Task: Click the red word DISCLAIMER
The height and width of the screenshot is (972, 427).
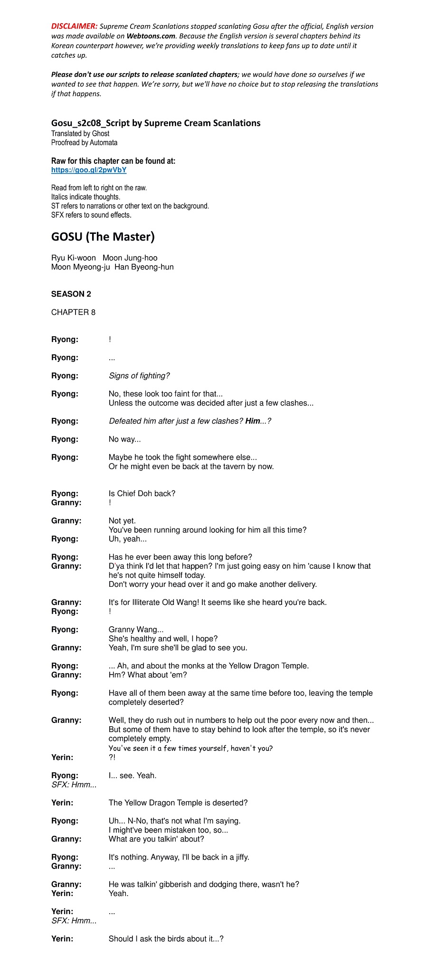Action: click(75, 27)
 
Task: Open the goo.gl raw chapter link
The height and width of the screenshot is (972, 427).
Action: click(89, 170)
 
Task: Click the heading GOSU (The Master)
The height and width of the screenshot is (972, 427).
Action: click(103, 237)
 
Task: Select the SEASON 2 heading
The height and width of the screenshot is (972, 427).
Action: click(71, 294)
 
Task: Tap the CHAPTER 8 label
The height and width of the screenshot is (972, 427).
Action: click(73, 312)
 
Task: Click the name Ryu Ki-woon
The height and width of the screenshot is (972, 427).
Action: click(73, 258)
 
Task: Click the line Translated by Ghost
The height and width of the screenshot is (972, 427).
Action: click(80, 134)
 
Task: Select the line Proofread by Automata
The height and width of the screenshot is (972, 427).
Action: click(84, 143)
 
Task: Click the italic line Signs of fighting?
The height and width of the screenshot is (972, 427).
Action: click(139, 376)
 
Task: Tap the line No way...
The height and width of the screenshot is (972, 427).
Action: click(124, 439)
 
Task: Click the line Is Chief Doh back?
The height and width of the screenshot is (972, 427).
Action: click(142, 494)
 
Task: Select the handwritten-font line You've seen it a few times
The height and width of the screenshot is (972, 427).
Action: click(190, 748)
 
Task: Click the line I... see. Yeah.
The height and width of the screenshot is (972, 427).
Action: click(133, 776)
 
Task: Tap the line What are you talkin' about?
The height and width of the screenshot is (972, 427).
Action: click(156, 839)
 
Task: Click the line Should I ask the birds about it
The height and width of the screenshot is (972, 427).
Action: click(166, 939)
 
